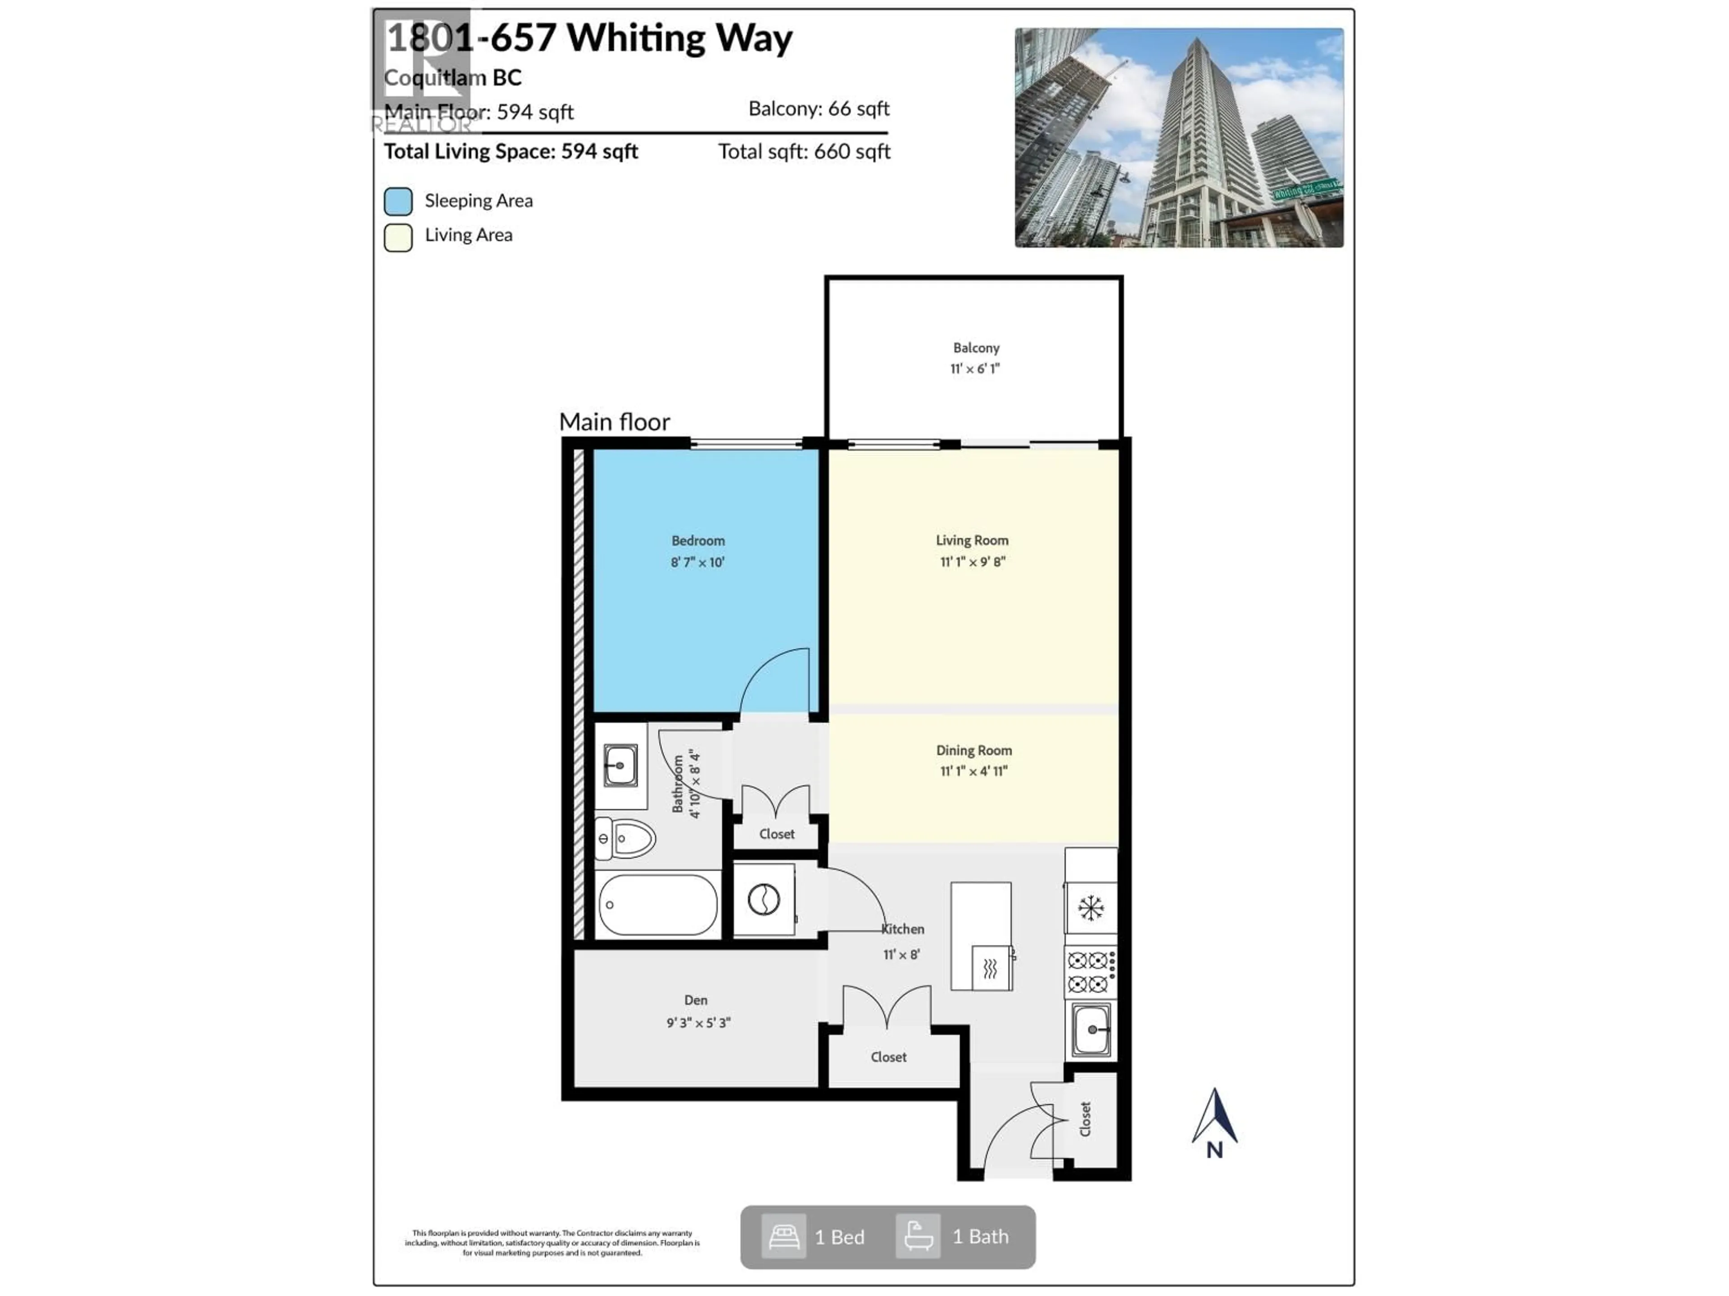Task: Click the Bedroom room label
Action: (697, 540)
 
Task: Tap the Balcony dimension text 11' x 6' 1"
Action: (975, 369)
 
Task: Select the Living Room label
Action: (972, 540)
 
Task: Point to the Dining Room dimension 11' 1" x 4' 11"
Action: (973, 771)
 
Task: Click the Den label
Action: (696, 1000)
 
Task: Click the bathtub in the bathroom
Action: (658, 904)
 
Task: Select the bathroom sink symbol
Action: (620, 765)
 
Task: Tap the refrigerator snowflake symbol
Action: (1091, 908)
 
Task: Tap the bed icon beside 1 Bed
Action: (783, 1237)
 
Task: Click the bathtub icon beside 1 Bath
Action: (918, 1237)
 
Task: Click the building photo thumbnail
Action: (1179, 138)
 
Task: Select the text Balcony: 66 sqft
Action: (819, 108)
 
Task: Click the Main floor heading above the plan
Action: (614, 422)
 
